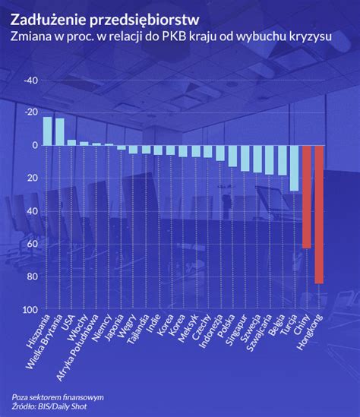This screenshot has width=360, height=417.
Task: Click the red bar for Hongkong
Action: (x=319, y=213)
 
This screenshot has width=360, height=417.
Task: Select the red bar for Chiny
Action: (x=307, y=196)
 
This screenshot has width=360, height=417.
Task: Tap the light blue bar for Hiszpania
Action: (x=47, y=131)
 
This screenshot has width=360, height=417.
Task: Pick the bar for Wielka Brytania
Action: (x=59, y=131)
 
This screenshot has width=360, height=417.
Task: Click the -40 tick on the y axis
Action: (x=31, y=81)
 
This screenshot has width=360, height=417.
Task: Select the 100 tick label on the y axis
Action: (x=30, y=310)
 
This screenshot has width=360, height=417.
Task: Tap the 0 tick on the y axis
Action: (x=35, y=145)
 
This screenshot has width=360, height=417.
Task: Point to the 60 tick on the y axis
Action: (x=32, y=244)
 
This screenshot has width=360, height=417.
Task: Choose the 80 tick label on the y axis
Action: (x=32, y=276)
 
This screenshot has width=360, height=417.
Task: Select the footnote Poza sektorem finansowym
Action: (x=58, y=397)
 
